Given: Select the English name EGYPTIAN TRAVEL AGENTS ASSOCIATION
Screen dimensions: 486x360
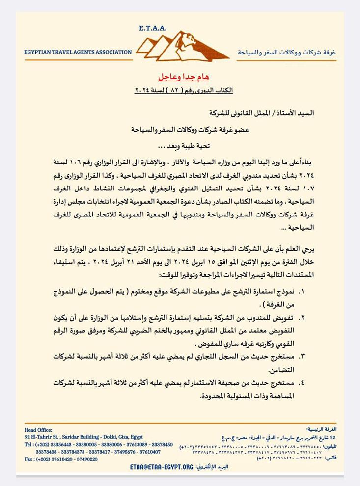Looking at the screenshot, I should (x=78, y=52).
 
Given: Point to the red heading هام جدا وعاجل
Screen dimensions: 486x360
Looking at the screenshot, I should (x=183, y=77).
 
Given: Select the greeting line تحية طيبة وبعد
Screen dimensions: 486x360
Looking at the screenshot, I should (x=181, y=146).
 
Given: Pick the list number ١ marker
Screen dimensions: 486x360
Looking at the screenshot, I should (x=301, y=292).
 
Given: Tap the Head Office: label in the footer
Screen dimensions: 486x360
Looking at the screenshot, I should (x=38, y=430).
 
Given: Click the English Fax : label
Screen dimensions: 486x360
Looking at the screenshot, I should (x=30, y=459).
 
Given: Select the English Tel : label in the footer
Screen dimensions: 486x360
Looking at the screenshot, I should (x=29, y=444).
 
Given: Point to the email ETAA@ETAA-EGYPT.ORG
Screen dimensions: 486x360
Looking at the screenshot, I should (x=162, y=468).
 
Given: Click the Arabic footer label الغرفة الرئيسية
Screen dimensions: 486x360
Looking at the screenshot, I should (x=321, y=429).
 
